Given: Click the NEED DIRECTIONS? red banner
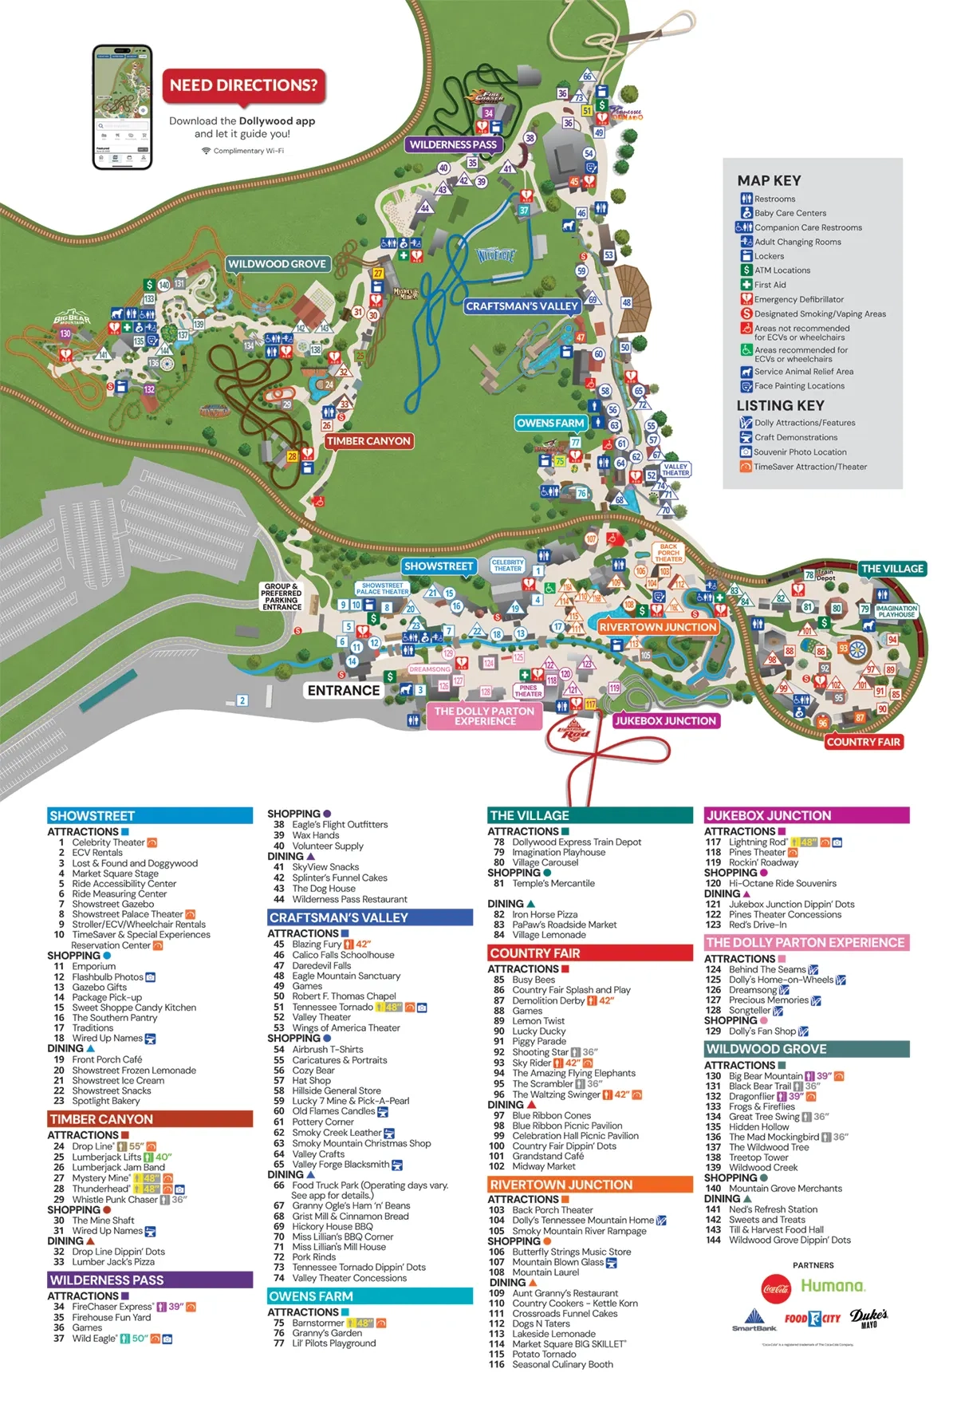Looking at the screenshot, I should click(243, 85).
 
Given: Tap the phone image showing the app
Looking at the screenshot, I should click(122, 107).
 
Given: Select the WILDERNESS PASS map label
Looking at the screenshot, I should click(453, 144).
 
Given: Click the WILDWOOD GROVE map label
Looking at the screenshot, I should click(277, 264).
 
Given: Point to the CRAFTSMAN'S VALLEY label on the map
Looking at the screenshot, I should click(522, 306).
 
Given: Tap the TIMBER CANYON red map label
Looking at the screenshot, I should click(368, 441).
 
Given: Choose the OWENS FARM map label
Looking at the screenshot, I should click(550, 424).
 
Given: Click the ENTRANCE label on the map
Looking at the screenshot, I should click(344, 691).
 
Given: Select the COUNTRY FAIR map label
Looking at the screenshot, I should click(863, 742).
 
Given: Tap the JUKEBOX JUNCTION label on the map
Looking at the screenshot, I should click(665, 721).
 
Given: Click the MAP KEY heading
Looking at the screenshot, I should click(769, 181).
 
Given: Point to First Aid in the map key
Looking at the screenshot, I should click(770, 285).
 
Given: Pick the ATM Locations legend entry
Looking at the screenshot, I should click(782, 270).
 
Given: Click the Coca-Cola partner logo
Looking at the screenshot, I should click(775, 1288).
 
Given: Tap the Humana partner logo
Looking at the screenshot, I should click(833, 1286).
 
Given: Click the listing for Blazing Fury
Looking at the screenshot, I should click(317, 944).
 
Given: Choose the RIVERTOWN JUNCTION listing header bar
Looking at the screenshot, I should click(590, 1185).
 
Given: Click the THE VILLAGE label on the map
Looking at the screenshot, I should click(892, 569).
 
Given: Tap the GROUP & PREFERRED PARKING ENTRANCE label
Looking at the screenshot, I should click(282, 597).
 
